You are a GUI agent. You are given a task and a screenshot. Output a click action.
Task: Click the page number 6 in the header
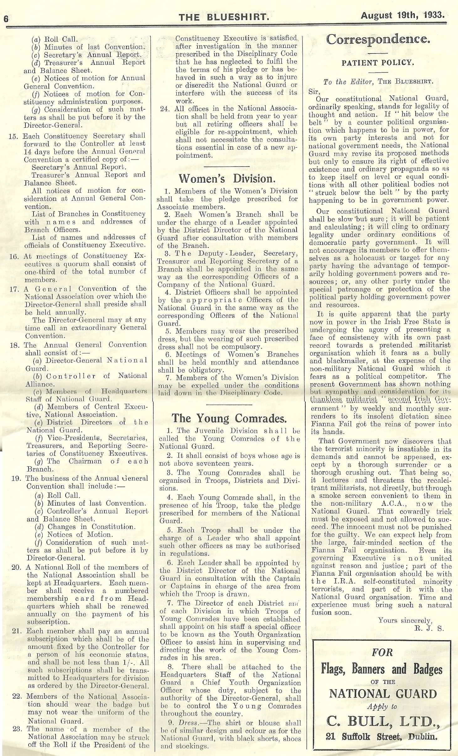[5, 19]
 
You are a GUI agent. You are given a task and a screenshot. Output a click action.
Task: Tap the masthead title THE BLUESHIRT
[224, 18]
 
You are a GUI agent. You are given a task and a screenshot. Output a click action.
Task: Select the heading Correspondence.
[378, 40]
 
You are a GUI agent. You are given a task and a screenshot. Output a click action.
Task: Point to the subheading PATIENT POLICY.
[378, 62]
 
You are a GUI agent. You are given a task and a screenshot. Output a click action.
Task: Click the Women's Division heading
[227, 178]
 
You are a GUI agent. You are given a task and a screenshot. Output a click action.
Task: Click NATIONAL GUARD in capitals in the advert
[383, 694]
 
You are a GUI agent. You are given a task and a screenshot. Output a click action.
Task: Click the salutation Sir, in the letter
[314, 91]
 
